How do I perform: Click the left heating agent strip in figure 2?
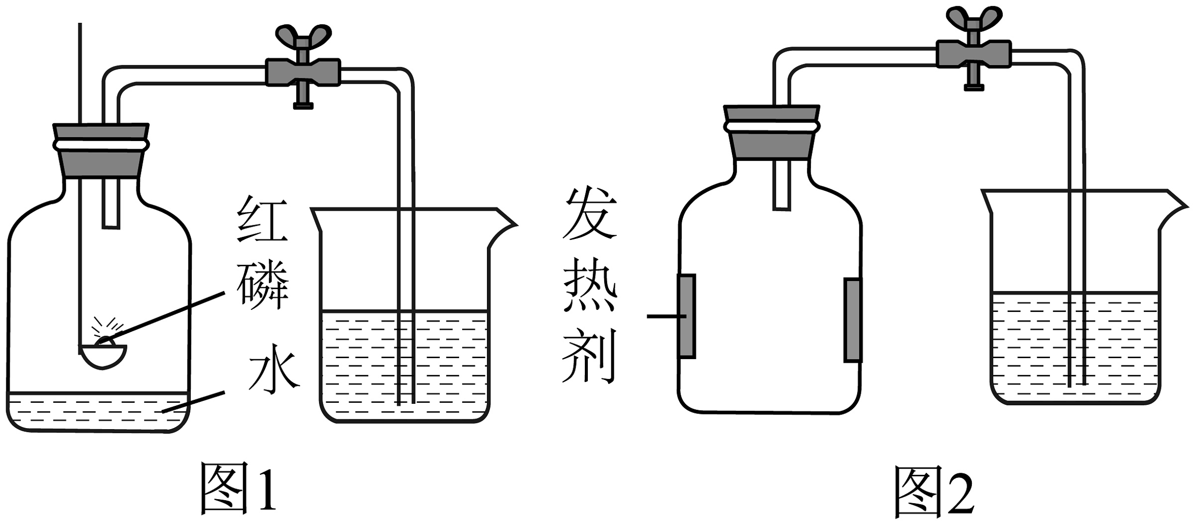click(x=686, y=316)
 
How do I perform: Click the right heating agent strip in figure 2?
click(x=853, y=320)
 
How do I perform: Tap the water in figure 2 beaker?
click(x=1030, y=345)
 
